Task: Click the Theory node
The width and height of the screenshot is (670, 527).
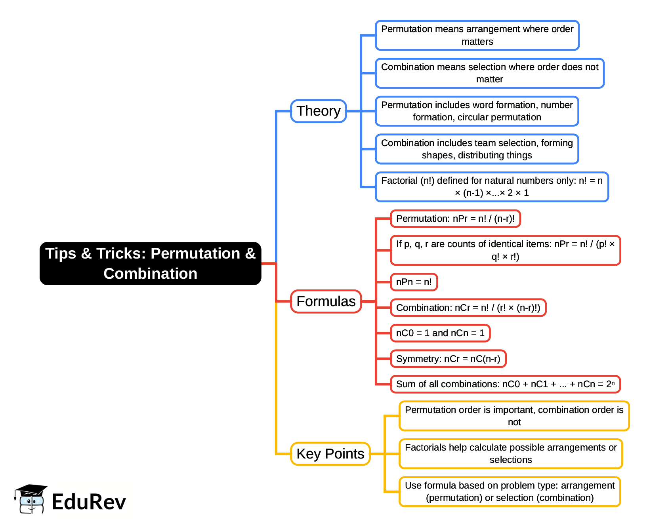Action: pos(318,111)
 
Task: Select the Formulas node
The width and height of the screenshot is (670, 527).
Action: pos(326,302)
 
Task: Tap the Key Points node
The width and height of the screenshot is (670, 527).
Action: pos(330,454)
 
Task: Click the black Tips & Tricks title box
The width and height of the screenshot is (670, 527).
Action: pos(150,263)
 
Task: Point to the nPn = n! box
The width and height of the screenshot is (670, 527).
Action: pos(414,282)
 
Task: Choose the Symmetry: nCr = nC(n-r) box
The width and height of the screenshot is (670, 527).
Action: pos(448,359)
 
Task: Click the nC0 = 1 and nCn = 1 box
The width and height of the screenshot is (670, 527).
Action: pos(440,333)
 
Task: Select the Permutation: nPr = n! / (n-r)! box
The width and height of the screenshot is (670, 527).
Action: pos(455,219)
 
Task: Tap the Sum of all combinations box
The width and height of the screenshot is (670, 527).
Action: pos(505,384)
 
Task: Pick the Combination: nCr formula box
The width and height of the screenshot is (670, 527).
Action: pos(468,308)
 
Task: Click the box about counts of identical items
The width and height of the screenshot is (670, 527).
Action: pos(505,250)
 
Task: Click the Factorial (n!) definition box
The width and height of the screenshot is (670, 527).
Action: pos(491,187)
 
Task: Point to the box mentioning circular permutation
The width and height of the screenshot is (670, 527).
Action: pos(477,111)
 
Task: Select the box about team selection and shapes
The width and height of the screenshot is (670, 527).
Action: pos(477,149)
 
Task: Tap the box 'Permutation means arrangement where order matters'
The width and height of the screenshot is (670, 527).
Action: pos(477,35)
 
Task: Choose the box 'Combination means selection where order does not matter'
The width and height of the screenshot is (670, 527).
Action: pos(489,73)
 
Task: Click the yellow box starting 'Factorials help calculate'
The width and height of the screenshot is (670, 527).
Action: pos(510,454)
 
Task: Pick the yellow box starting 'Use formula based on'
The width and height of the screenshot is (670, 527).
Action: pos(510,492)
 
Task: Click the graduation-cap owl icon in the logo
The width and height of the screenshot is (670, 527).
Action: pos(31,499)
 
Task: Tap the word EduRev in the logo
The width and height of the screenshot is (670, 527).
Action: pos(89,502)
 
